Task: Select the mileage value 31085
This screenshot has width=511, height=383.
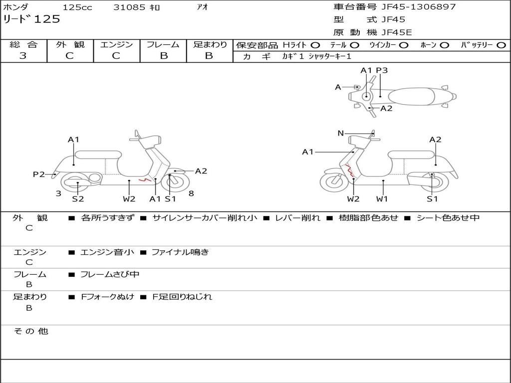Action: (129, 7)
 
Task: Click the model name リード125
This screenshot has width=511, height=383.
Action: (31, 19)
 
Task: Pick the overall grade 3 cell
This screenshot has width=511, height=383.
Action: (23, 56)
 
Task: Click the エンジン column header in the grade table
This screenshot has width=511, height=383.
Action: (116, 44)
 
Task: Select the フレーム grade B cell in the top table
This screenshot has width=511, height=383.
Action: (164, 56)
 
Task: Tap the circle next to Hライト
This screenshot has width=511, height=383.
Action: (315, 45)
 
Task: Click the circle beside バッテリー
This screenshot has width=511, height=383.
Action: (501, 45)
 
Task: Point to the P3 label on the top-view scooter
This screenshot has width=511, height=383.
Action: (382, 70)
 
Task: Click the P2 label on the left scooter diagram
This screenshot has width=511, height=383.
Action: (39, 174)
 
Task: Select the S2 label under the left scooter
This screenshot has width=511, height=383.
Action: (78, 199)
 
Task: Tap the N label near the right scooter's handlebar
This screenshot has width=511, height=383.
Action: (341, 133)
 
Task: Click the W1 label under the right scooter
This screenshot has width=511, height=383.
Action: (382, 199)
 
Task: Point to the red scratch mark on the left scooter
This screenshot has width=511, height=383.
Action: (144, 179)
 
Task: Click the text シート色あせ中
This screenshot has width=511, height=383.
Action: (448, 218)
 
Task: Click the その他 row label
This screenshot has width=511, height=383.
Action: (31, 331)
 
